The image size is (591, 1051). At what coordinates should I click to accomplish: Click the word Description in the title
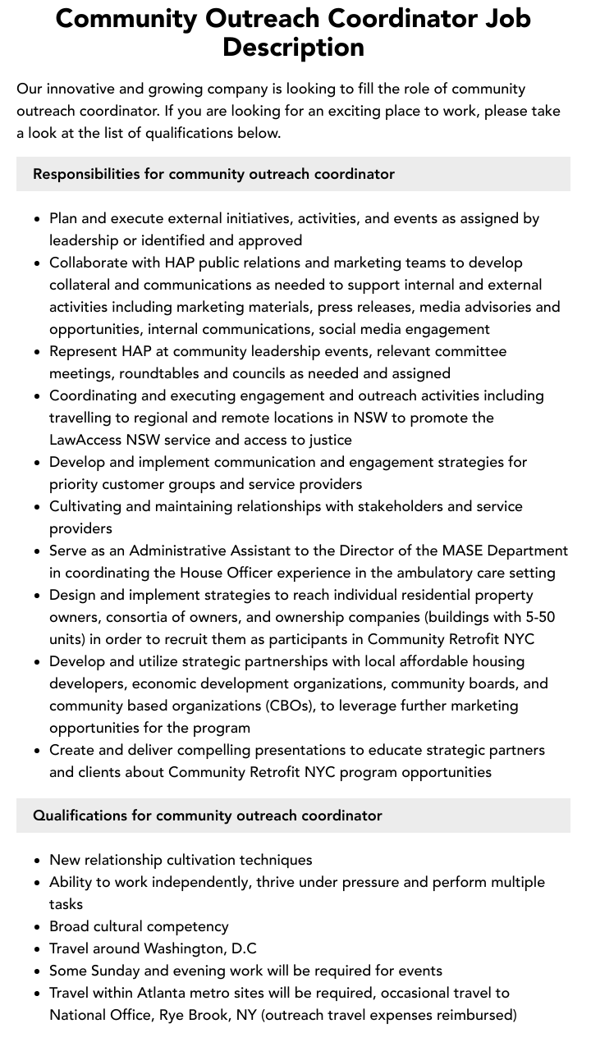click(293, 47)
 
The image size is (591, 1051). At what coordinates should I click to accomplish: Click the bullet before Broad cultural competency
click(38, 926)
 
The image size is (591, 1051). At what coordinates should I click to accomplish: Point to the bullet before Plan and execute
click(38, 218)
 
